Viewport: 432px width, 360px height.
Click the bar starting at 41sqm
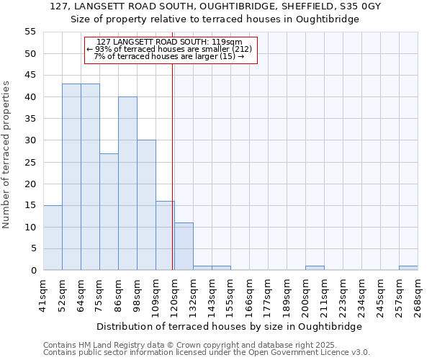[x=53, y=238]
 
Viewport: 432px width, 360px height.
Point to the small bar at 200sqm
[x=315, y=268]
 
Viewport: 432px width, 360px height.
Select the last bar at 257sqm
[x=408, y=268]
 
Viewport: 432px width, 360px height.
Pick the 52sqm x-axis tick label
[x=63, y=295]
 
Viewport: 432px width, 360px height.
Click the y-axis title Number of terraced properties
[x=6, y=155]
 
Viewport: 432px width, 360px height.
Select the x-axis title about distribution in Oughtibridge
[x=228, y=326]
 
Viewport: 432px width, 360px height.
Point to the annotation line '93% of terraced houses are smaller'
[x=169, y=49]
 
